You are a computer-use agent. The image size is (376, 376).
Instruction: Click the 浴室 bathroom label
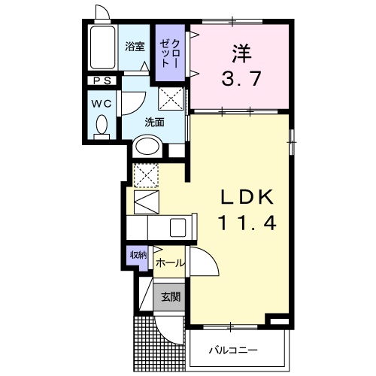coord(135,47)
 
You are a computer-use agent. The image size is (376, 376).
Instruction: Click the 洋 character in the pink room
coord(241,54)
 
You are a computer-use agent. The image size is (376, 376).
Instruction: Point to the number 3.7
coord(241,79)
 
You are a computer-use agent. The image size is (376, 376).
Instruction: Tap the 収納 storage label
coord(136,255)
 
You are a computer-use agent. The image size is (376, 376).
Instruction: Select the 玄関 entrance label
coord(170,296)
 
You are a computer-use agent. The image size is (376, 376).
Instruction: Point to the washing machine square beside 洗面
coord(171,98)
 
